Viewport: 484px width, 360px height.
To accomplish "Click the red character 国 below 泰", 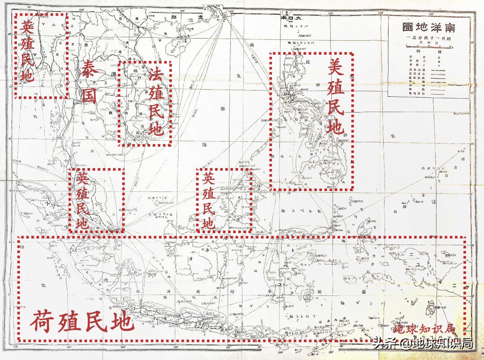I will [90, 95].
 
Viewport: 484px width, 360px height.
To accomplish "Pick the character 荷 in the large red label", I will [43, 321].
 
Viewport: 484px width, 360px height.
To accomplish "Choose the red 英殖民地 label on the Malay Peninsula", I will [82, 200].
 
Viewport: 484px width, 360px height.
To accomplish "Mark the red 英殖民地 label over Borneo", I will [208, 200].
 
